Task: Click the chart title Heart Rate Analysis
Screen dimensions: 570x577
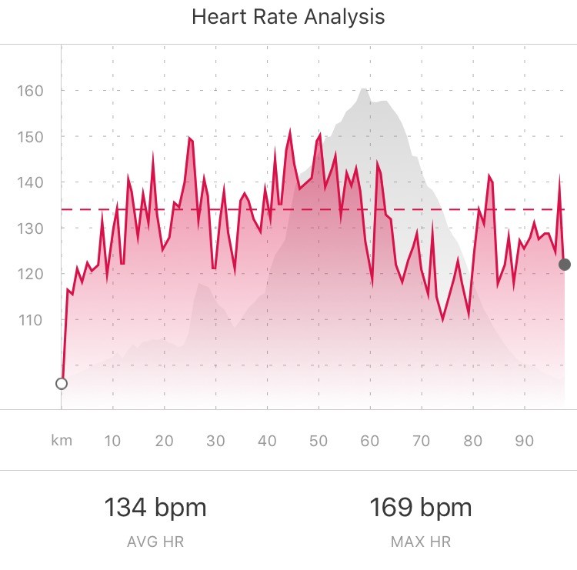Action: [288, 16]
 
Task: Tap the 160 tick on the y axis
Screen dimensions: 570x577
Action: [30, 91]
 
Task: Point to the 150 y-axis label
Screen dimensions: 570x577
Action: [30, 136]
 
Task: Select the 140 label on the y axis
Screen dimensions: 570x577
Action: [30, 182]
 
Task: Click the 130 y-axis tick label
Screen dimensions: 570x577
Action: [30, 228]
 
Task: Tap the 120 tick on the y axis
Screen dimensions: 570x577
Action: [30, 274]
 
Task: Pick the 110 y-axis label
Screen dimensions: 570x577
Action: [30, 319]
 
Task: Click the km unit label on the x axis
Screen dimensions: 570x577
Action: [61, 441]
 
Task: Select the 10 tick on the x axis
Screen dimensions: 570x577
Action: [112, 441]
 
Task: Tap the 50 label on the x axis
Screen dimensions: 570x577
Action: [319, 441]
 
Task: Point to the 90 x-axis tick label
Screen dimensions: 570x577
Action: [525, 441]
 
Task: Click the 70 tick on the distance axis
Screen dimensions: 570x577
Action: [422, 441]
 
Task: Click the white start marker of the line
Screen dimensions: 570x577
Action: [62, 383]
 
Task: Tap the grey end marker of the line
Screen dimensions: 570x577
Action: [565, 265]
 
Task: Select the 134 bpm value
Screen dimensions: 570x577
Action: [155, 508]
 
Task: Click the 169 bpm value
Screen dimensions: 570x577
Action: [421, 508]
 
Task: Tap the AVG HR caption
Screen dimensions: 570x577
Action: [155, 542]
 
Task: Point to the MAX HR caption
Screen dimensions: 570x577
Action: [421, 542]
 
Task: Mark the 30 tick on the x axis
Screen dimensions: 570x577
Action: [215, 441]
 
